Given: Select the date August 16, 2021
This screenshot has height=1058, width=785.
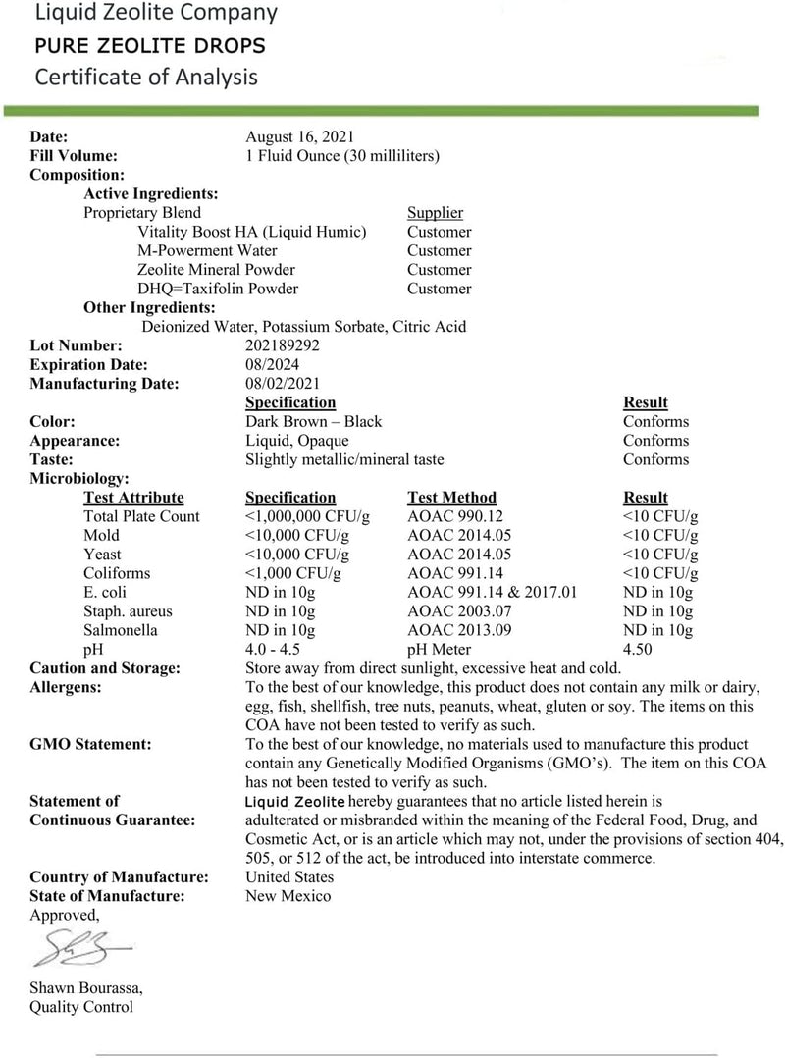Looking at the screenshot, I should click(299, 136).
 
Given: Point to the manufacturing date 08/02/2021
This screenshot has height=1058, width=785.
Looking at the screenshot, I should click(282, 384).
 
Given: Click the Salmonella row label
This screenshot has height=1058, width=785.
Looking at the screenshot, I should click(121, 630).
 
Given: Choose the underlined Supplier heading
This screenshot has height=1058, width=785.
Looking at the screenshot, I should click(435, 212).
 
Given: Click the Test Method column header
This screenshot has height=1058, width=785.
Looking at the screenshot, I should click(451, 498).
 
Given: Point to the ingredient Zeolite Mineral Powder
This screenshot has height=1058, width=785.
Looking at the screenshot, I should click(217, 269).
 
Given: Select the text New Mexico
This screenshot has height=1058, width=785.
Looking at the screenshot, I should click(288, 896).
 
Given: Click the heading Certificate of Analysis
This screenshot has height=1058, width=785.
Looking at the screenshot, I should click(146, 77).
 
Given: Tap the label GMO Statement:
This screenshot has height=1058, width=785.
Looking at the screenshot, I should click(90, 744).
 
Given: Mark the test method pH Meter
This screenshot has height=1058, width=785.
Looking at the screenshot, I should click(439, 650).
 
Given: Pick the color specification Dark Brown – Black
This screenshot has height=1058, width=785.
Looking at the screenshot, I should click(313, 421).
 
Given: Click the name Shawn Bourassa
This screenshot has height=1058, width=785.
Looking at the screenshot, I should click(86, 987).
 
